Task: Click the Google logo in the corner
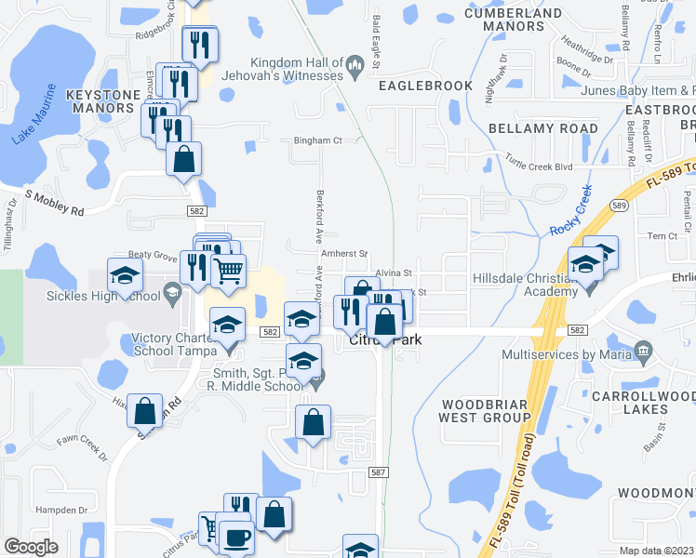[32, 547]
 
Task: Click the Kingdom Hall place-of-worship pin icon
[355, 65]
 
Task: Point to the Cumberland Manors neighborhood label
[514, 20]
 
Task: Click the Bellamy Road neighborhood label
[542, 128]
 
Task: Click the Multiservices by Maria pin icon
[643, 351]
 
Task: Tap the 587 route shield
[378, 472]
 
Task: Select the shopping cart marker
[229, 272]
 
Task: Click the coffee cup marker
[234, 537]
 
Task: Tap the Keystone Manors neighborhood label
[100, 101]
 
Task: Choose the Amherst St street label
[344, 253]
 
